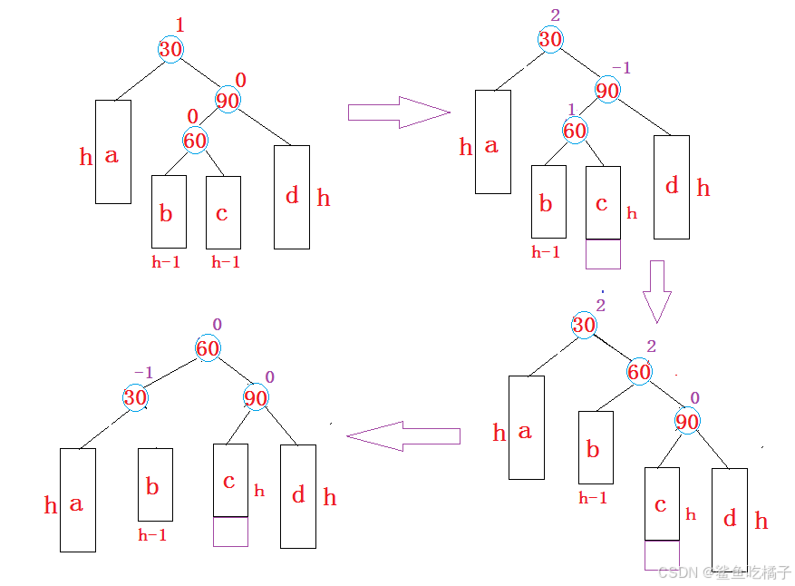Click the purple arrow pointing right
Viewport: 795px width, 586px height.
pyautogui.click(x=399, y=112)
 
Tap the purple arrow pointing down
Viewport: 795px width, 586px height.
pyautogui.click(x=657, y=292)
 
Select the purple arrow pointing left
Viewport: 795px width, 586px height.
pyautogui.click(x=403, y=435)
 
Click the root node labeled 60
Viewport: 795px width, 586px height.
pyautogui.click(x=208, y=348)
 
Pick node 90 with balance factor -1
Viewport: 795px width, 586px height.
pyautogui.click(x=607, y=90)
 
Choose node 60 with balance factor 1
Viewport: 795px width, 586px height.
pyautogui.click(x=575, y=131)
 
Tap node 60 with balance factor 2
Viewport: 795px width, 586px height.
pyautogui.click(x=639, y=371)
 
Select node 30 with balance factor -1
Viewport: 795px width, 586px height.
pyautogui.click(x=135, y=397)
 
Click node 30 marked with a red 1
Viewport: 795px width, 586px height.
pyautogui.click(x=170, y=49)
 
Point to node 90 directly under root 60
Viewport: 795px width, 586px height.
pyautogui.click(x=256, y=397)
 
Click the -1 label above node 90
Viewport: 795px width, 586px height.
pyautogui.click(x=621, y=67)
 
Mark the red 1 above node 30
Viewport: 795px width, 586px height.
pyautogui.click(x=179, y=24)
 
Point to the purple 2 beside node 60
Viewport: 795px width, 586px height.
pyautogui.click(x=652, y=346)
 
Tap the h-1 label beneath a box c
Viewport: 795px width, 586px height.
pyautogui.click(x=226, y=262)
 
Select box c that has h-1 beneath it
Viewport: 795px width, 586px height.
pyautogui.click(x=223, y=212)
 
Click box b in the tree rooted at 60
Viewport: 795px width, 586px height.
pyautogui.click(x=155, y=484)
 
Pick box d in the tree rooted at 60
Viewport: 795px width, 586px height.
pyautogui.click(x=298, y=496)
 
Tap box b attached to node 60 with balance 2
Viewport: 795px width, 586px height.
pyautogui.click(x=596, y=447)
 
